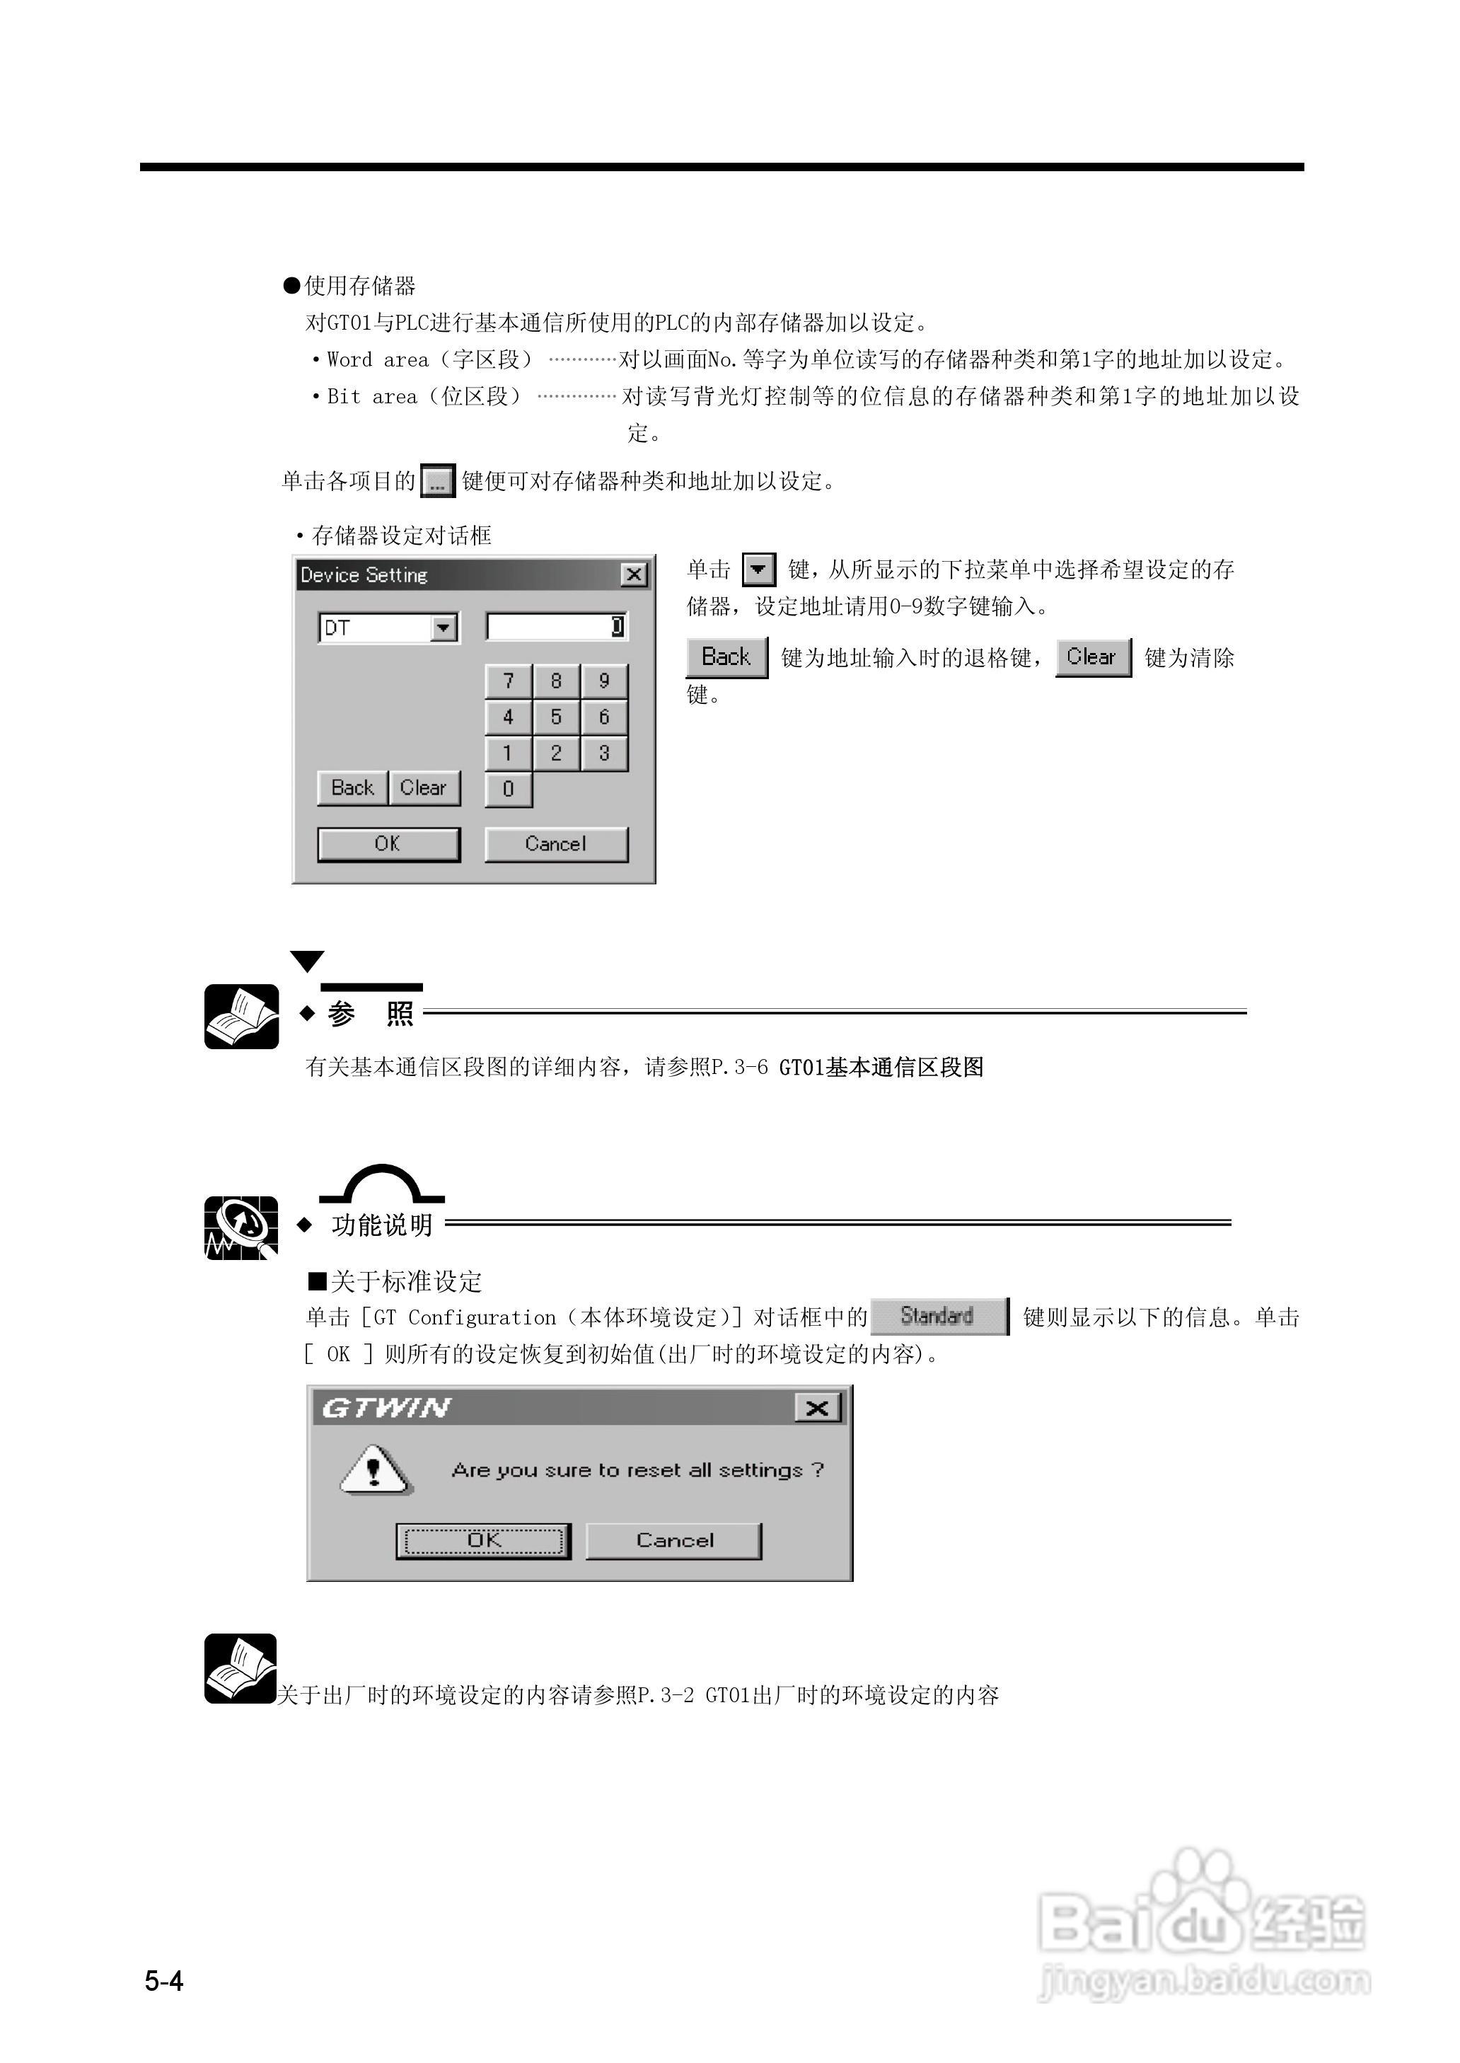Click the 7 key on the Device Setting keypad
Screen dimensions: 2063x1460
[x=508, y=681]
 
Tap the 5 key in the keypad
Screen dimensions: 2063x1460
[x=555, y=717]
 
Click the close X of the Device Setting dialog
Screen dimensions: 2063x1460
[x=634, y=574]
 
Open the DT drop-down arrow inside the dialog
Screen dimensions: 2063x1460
[x=444, y=628]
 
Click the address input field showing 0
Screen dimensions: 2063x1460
[x=555, y=627]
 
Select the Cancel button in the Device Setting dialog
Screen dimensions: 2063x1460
[x=555, y=844]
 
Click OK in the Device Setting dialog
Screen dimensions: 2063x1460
[x=388, y=844]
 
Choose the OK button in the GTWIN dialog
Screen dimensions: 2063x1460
[x=484, y=1541]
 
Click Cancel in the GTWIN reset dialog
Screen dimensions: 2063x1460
[x=674, y=1541]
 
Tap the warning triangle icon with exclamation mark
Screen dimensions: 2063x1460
[x=375, y=1471]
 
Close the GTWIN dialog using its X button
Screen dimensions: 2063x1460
[x=817, y=1408]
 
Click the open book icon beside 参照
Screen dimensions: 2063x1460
[x=241, y=1017]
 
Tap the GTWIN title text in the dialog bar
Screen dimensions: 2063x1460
[x=387, y=1408]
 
